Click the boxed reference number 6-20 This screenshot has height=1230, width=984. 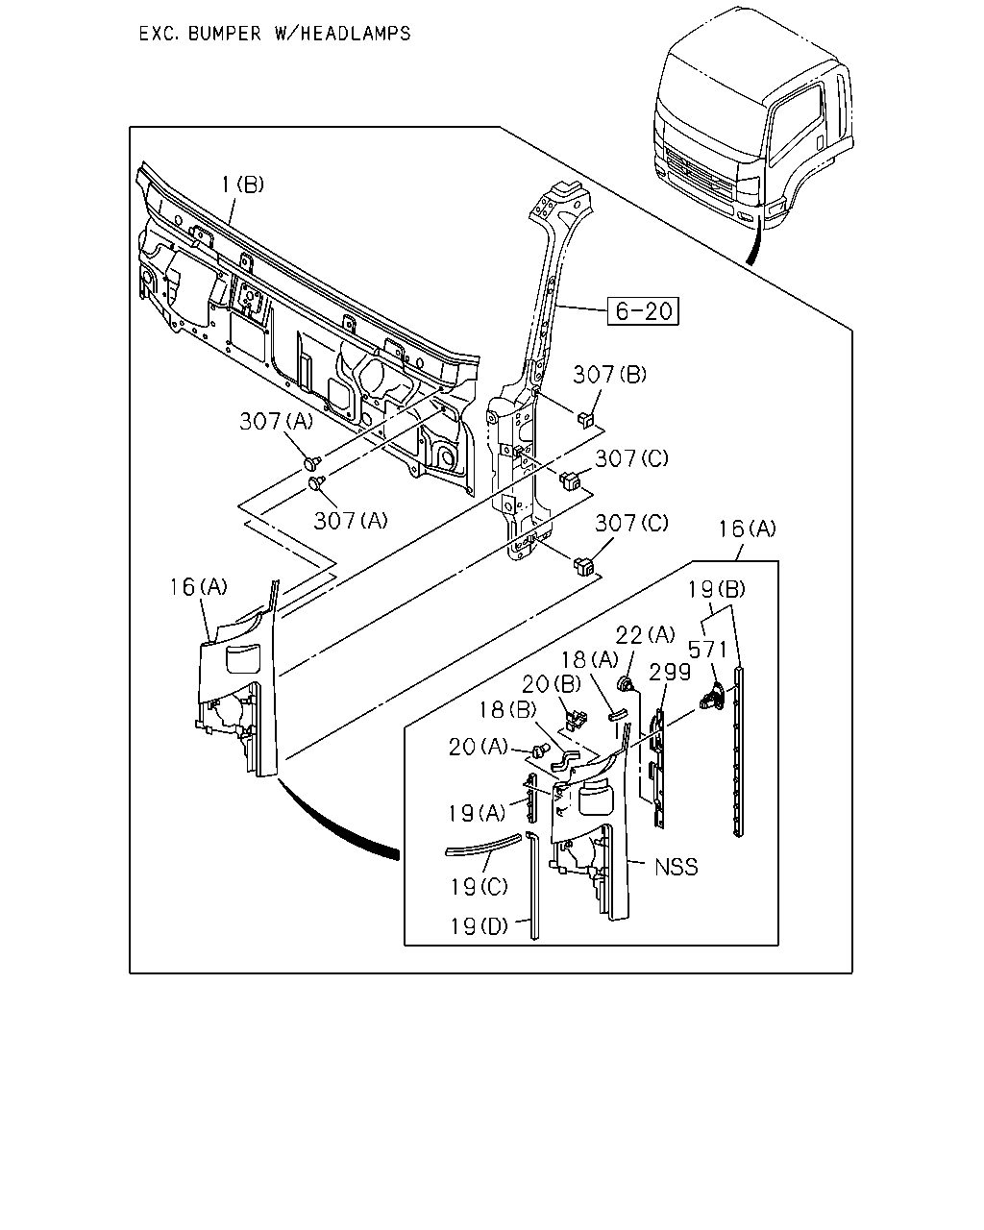[x=643, y=311]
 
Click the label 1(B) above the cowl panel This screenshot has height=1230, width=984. [x=242, y=184]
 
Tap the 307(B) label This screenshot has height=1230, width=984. [x=609, y=375]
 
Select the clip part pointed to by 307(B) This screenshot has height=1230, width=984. [x=586, y=419]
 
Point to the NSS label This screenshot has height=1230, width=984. [x=676, y=867]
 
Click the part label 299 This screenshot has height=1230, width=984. [x=670, y=673]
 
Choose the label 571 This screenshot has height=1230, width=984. [x=707, y=650]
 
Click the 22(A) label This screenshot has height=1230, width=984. [x=645, y=634]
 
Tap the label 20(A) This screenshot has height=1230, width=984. [x=478, y=747]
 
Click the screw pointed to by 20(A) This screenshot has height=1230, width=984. [x=540, y=750]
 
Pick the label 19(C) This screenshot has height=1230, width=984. [x=480, y=887]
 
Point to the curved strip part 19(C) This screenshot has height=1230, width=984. [x=483, y=845]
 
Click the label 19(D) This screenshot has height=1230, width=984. [x=480, y=926]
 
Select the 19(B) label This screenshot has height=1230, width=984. [x=717, y=589]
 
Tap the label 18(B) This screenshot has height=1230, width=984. [x=507, y=710]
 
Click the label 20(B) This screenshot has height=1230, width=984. [x=552, y=683]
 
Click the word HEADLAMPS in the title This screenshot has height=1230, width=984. [x=355, y=34]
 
